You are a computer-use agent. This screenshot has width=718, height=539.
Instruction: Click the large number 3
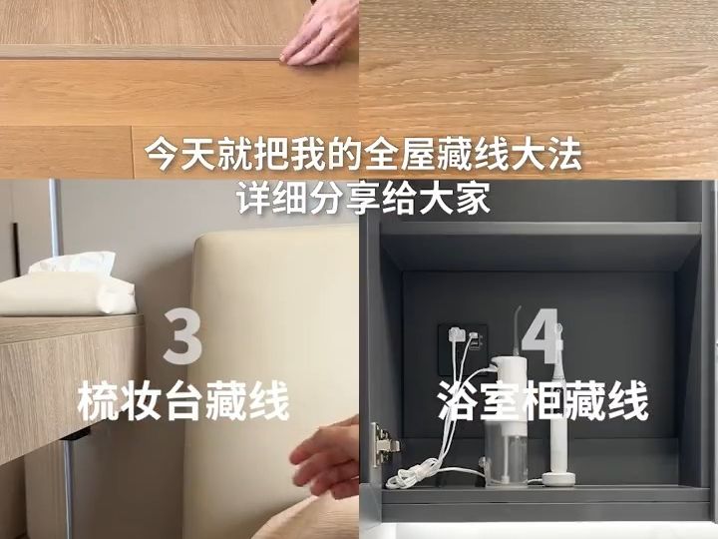pyautogui.click(x=182, y=336)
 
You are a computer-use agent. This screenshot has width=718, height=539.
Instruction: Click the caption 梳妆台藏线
pyautogui.click(x=183, y=401)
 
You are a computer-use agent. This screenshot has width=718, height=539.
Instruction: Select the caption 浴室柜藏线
pyautogui.click(x=543, y=400)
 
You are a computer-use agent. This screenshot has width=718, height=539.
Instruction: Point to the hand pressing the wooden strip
pyautogui.click(x=320, y=32)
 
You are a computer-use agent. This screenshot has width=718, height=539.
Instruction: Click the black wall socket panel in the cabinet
pyautogui.click(x=463, y=349)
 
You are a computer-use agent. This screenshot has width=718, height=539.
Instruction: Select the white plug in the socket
pyautogui.click(x=455, y=333)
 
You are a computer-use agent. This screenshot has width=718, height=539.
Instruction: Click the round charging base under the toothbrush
pyautogui.click(x=558, y=479)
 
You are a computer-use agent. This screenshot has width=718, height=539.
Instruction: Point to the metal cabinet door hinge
pyautogui.click(x=383, y=444)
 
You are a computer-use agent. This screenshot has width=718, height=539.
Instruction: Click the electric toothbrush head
pyautogui.click(x=558, y=334)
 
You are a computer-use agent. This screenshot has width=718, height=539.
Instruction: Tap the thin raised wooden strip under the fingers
pyautogui.click(x=142, y=52)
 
